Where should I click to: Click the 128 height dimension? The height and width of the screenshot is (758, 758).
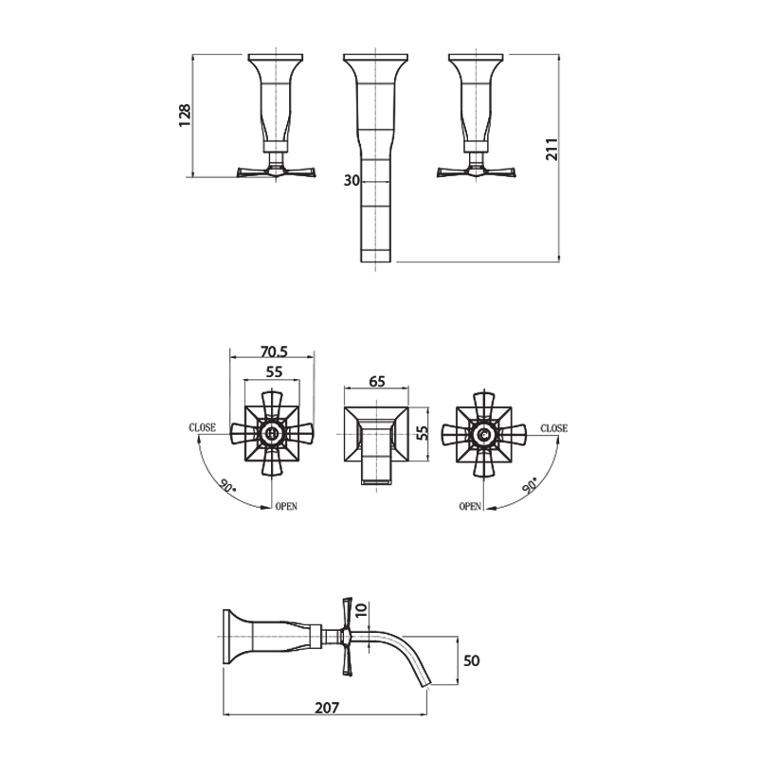186,114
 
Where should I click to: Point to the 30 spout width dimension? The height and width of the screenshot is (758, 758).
351,181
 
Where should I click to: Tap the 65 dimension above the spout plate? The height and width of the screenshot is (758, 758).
376,381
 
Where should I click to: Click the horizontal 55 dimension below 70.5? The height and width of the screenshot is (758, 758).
273,372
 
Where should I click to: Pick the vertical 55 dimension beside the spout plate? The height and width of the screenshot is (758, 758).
424,433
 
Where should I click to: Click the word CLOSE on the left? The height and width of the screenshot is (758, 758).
202,428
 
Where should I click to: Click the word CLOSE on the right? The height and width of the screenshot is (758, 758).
554,428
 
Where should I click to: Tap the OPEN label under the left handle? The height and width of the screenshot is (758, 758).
286,507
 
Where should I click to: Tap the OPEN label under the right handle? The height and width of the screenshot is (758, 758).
471,507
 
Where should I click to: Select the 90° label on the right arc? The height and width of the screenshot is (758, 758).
530,484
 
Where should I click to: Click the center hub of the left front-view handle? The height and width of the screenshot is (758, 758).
273,436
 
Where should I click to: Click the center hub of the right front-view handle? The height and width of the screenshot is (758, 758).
484,436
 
